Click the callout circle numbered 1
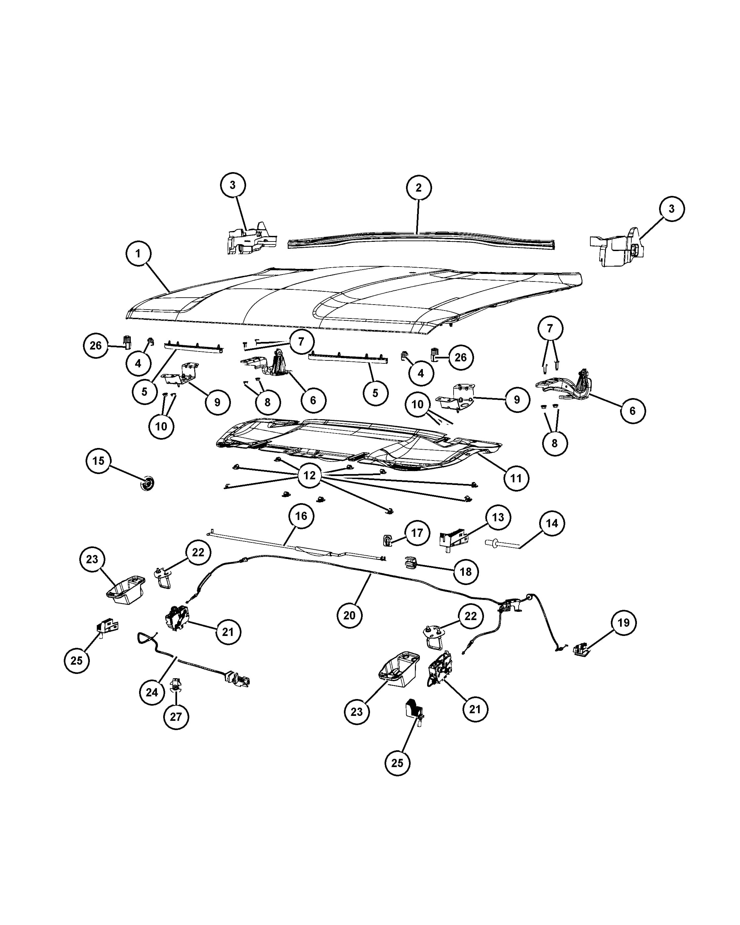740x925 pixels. (138, 254)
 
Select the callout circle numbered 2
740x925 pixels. (419, 188)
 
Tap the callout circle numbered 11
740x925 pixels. (516, 478)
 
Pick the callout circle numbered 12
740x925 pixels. (309, 475)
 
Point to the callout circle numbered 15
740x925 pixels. (98, 461)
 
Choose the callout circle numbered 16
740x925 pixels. (301, 516)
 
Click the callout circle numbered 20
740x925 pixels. (350, 615)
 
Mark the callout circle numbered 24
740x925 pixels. (152, 692)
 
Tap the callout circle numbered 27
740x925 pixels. (176, 717)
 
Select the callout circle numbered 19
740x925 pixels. (623, 622)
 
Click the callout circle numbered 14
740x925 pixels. (552, 523)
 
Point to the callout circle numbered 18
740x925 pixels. (466, 572)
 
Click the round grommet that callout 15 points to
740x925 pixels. (147, 484)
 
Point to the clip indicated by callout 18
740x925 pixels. (411, 563)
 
